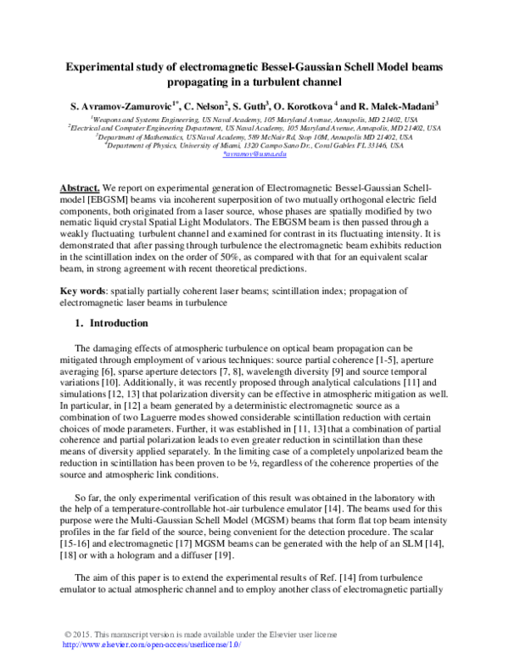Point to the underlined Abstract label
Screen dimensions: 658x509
click(79, 186)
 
